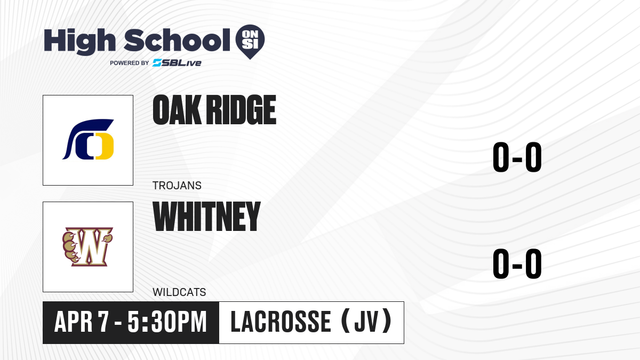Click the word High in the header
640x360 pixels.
(x=79, y=42)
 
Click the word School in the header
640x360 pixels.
(x=177, y=40)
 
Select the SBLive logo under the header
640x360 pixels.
(x=177, y=63)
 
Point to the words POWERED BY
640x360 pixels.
(x=130, y=63)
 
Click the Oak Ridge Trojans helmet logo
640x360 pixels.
(x=89, y=139)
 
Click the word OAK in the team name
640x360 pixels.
(x=177, y=110)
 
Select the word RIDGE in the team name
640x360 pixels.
(x=241, y=110)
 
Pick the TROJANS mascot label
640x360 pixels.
(x=177, y=186)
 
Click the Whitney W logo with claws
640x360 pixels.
(x=87, y=247)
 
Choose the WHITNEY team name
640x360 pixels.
(x=206, y=217)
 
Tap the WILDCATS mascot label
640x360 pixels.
(x=179, y=292)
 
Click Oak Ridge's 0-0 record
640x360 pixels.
(x=517, y=157)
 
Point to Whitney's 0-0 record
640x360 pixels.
(x=517, y=263)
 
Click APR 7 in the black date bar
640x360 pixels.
(x=82, y=322)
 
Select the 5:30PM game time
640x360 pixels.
(x=167, y=322)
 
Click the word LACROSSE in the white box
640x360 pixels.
(x=281, y=322)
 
